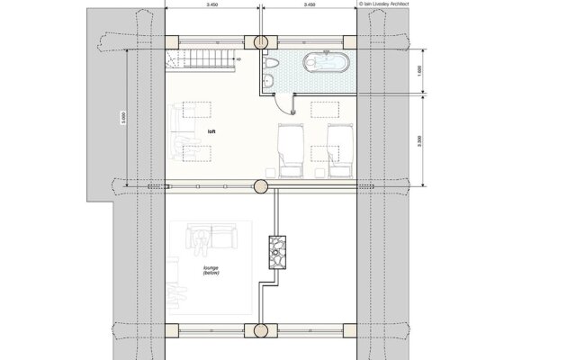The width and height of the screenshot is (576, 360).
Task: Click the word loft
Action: [211, 131]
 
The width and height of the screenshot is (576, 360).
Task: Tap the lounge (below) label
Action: [212, 271]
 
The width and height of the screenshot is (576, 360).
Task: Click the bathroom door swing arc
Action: [287, 102]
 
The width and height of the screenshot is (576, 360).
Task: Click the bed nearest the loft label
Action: [290, 148]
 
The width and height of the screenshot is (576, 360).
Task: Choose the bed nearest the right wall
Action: [339, 148]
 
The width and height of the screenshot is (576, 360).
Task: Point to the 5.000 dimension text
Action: [122, 117]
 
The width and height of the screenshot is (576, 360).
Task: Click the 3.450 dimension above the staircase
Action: [213, 4]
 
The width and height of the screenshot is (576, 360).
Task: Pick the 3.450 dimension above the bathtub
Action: [310, 4]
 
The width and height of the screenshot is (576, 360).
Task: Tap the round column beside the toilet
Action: [262, 42]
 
